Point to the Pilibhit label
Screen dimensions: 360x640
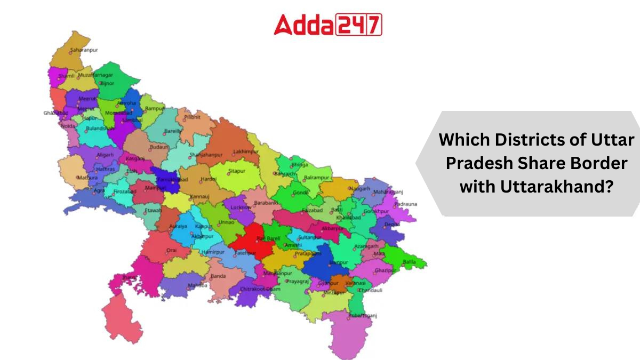(192, 116)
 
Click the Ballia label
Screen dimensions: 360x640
(409, 262)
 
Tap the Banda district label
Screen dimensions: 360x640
(218, 276)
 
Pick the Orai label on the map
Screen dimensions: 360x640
(171, 250)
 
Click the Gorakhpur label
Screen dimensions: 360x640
(378, 211)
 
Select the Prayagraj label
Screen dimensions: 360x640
(297, 281)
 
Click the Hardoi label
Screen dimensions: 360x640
(208, 179)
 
